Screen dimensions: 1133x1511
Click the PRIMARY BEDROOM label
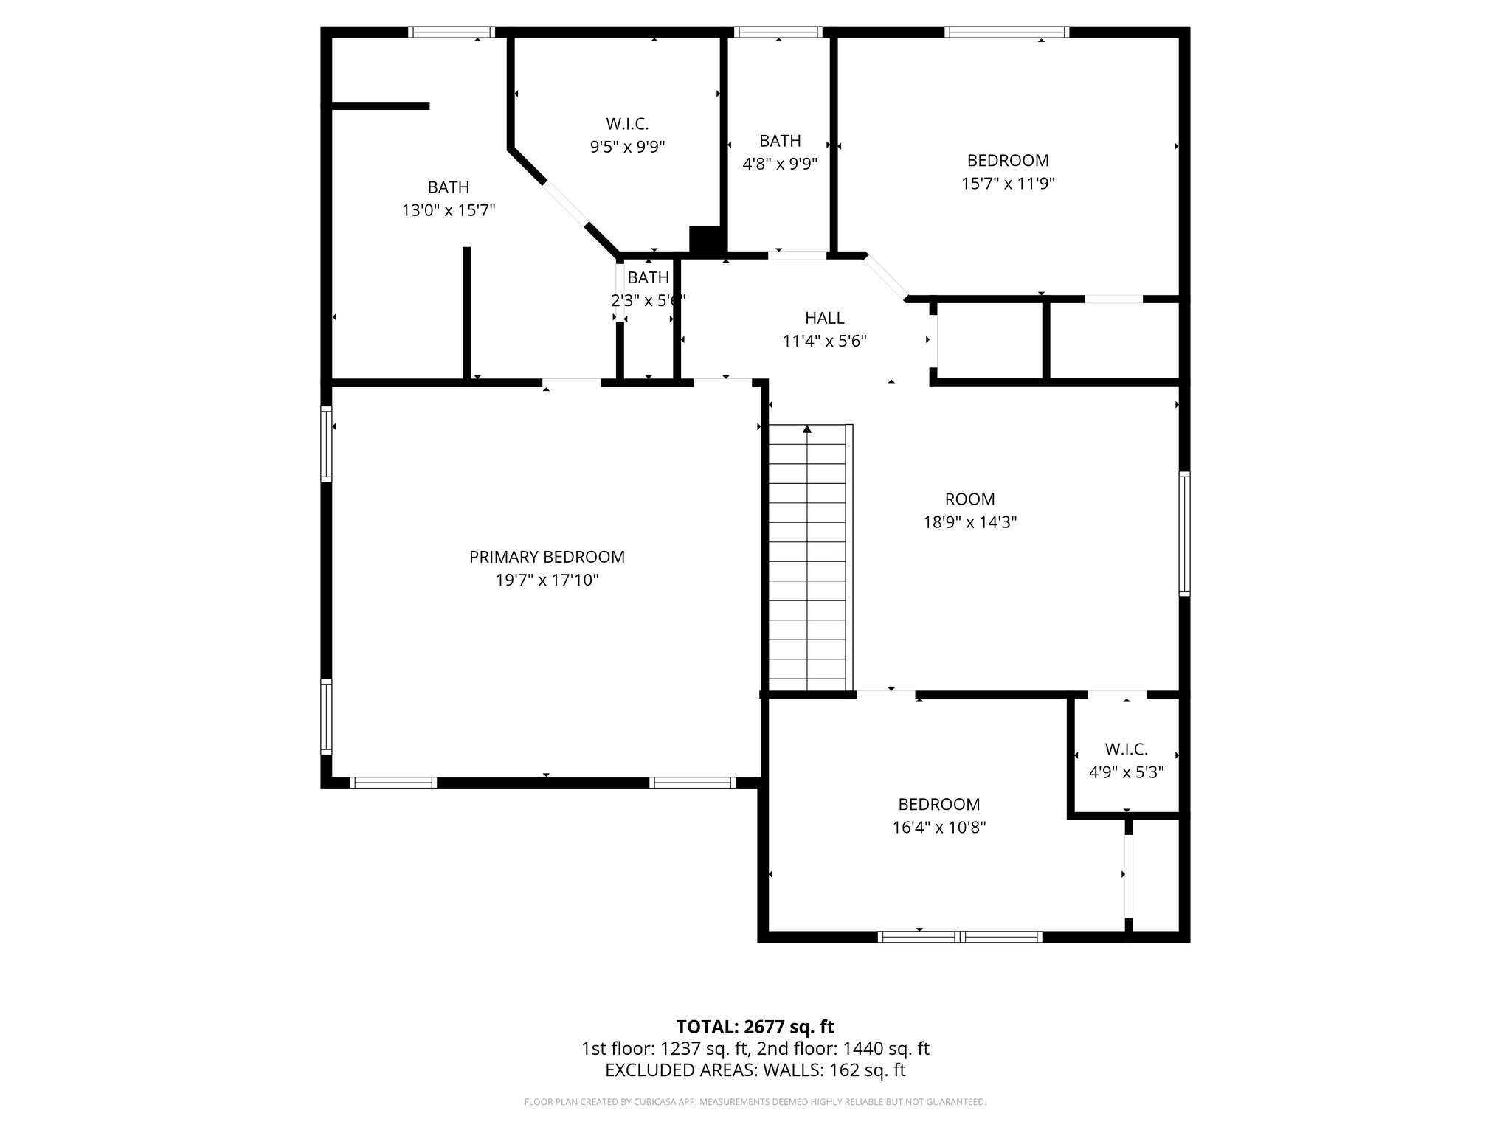point(547,557)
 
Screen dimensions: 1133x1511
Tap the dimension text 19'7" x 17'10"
point(547,581)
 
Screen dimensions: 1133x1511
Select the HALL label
point(824,318)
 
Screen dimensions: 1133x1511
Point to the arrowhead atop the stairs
point(807,429)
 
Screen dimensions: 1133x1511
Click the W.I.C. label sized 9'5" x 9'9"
point(627,124)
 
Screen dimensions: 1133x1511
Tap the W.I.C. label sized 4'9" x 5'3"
point(1126,749)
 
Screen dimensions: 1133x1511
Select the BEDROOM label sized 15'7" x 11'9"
point(1008,160)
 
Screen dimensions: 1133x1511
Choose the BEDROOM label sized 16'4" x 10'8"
point(938,804)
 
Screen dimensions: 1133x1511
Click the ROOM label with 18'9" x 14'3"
point(969,499)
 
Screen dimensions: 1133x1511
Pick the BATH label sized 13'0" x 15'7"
point(448,187)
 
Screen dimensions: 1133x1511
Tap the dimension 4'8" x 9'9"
point(780,164)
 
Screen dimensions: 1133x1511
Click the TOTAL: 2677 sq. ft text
point(755,1027)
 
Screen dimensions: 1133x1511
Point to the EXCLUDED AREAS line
point(755,1070)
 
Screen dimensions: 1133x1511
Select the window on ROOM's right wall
point(1183,534)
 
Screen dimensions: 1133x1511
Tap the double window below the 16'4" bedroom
point(960,937)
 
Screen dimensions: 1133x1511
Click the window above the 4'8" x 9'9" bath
point(778,32)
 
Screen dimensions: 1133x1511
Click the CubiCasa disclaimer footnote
point(755,1102)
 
